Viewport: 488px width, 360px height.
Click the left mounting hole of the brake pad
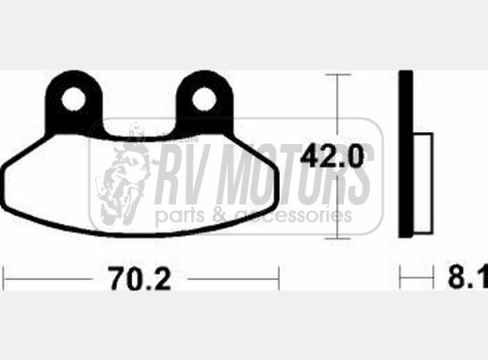click(73, 99)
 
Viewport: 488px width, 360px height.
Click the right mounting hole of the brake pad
click(203, 99)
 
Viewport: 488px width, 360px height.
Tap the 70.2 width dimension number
click(139, 278)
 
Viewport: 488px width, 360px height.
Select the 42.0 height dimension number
click(332, 156)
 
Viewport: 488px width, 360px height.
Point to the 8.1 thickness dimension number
click(468, 276)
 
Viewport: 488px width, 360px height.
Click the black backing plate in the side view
click(406, 154)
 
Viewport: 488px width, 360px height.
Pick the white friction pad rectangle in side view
click(423, 183)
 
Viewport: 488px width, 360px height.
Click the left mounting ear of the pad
click(74, 102)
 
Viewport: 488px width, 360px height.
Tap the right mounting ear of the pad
click(204, 102)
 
